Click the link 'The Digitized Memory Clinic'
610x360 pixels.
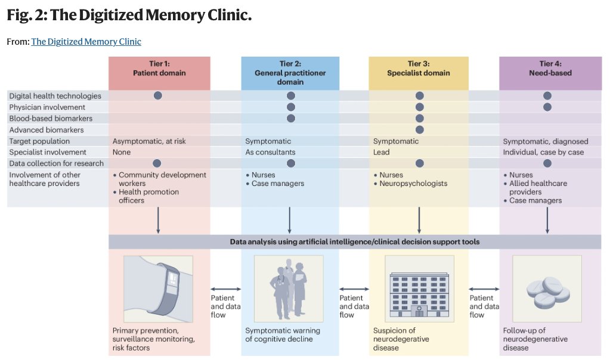86,42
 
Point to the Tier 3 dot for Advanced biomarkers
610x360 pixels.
419,130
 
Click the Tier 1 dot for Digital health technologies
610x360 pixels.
158,95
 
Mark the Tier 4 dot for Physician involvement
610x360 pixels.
547,107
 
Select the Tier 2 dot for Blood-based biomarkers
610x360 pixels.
290,119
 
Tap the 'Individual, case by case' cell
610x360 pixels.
543,152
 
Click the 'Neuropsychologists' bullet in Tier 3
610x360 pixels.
414,184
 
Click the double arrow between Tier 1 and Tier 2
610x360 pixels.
225,288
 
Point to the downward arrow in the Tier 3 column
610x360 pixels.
419,220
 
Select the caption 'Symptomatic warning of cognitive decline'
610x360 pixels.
283,335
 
